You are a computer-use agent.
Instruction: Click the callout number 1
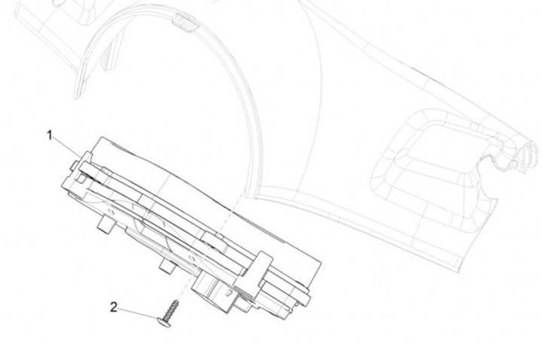pos(50,135)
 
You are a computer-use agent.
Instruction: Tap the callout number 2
pos(114,307)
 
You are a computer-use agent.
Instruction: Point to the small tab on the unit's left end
pos(73,163)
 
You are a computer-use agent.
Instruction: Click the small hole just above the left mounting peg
pos(113,212)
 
